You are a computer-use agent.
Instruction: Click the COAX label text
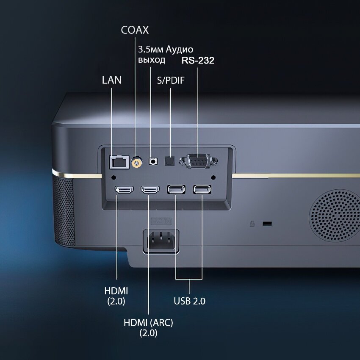(135, 30)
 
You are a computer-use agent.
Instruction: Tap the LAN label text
(112, 80)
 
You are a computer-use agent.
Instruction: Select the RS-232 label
(198, 60)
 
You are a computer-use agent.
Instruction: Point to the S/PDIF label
(171, 80)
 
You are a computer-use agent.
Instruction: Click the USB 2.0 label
(189, 301)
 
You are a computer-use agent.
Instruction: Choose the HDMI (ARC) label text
(148, 322)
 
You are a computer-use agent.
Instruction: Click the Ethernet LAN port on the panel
(119, 161)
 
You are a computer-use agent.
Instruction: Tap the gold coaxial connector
(136, 161)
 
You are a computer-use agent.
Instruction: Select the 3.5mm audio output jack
(153, 161)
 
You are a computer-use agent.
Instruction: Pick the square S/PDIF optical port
(170, 161)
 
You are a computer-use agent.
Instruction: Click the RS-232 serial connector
(198, 161)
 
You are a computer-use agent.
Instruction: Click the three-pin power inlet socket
(161, 241)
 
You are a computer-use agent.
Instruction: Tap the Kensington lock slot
(267, 223)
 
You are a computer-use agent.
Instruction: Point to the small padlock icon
(252, 223)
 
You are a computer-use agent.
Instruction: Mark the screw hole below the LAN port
(113, 177)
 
